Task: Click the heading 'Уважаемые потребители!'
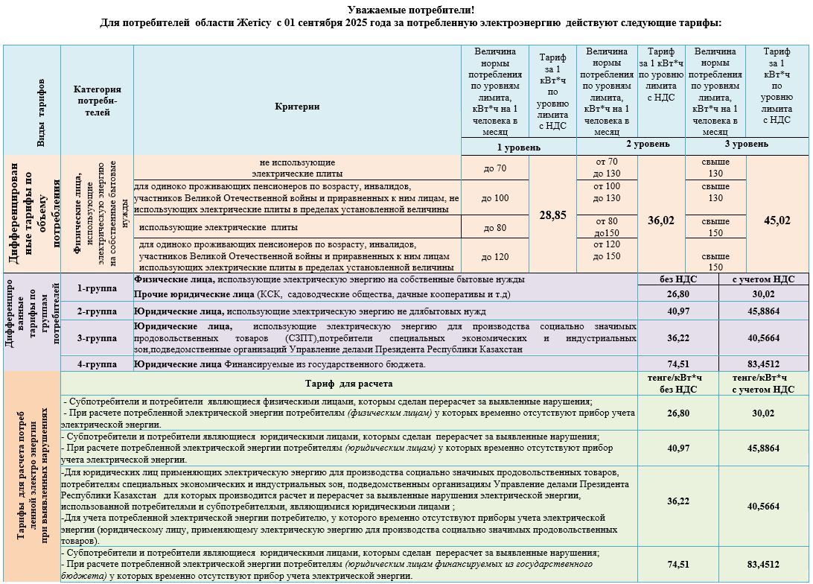pos(411,10)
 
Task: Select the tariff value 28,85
pos(552,215)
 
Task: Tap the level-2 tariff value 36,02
pos(661,220)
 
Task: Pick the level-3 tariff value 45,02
pos(777,220)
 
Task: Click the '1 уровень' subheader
pos(519,147)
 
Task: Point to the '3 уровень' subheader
pos(746,143)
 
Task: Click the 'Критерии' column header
pos(297,107)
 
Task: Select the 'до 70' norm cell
pos(494,168)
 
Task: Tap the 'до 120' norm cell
pos(495,257)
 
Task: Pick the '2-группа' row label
pos(97,311)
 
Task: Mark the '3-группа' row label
pos(97,338)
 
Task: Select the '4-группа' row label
pos(97,364)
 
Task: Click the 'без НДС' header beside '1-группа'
pos(677,279)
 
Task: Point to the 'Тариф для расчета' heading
pos(349,384)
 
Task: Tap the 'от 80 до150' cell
pos(607,226)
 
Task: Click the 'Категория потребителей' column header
pos(97,101)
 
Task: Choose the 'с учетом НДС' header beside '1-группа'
pos(763,279)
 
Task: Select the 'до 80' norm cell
pos(495,227)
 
